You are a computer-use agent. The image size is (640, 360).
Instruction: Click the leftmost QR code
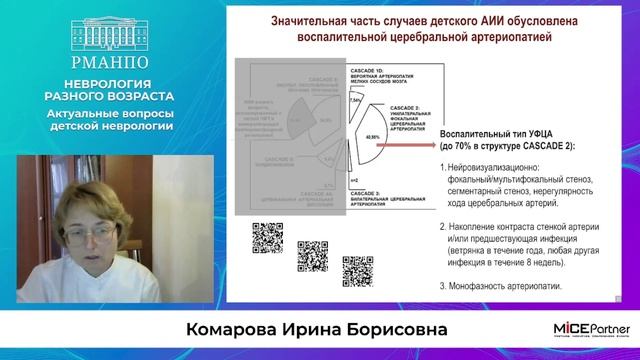(x=268, y=237)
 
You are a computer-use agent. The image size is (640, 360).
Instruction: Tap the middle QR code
(x=313, y=254)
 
